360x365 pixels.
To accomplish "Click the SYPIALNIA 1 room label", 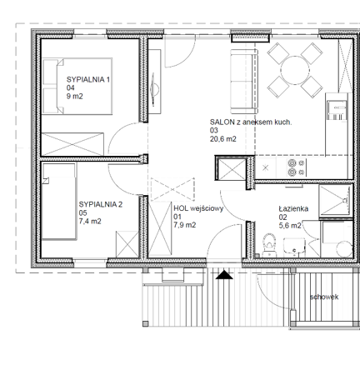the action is pos(88,80).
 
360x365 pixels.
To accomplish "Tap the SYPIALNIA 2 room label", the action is pos(101,205).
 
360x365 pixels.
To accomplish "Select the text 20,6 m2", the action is pos(223,139).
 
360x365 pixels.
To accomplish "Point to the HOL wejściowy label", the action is pos(198,208).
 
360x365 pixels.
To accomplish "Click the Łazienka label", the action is pos(293,208).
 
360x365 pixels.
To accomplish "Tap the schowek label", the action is pos(324,297).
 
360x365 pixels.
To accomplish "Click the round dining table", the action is pos(295,70).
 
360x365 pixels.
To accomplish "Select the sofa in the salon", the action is pos(242,82).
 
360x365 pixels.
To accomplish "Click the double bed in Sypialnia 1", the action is pos(77,86).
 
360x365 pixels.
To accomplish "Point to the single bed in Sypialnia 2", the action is pos(59,202).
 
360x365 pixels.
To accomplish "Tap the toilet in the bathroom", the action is pos(269,245).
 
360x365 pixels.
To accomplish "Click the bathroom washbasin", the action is pos(294,247).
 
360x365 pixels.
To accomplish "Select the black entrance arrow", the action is pos(224,275).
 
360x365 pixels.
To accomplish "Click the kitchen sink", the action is pos(337,110).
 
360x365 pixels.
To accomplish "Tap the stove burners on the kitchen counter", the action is pos(297,168).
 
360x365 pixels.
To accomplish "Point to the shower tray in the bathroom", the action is pos(336,200).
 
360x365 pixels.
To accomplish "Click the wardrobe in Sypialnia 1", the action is pos(72,144).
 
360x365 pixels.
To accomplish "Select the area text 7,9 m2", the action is pos(185,225).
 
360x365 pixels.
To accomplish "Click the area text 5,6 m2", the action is pos(290,226).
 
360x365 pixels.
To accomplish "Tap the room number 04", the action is pos(71,88).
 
